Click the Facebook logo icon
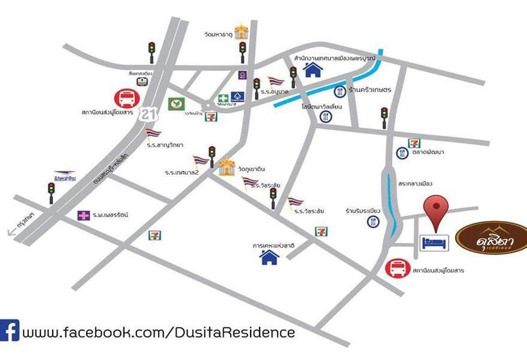[10, 332]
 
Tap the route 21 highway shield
[150, 114]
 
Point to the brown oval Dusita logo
[492, 240]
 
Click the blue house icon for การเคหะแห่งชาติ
[269, 257]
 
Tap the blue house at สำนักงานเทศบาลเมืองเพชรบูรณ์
[313, 69]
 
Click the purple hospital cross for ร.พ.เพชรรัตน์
[84, 215]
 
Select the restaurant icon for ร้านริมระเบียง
[373, 221]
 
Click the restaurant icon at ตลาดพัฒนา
[402, 153]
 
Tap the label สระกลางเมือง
[414, 183]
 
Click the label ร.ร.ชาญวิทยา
[165, 145]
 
